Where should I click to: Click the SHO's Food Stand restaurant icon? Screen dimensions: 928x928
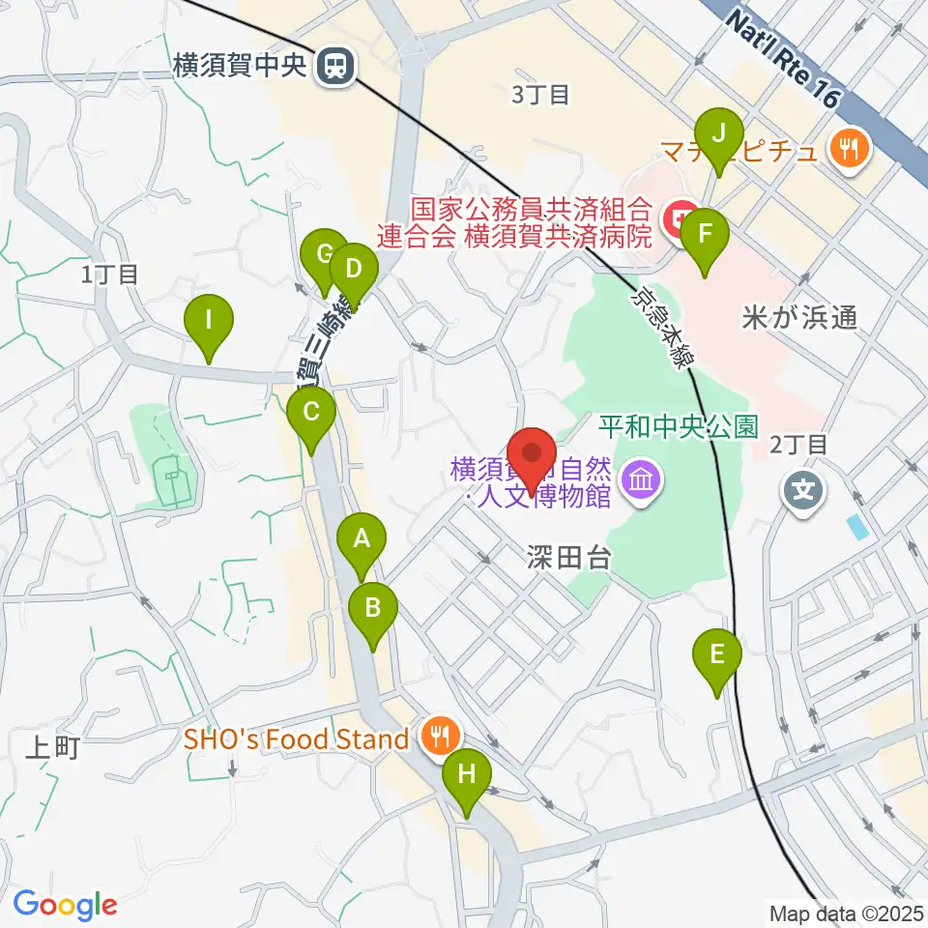point(440,739)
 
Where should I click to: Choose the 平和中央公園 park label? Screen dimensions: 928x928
point(678,426)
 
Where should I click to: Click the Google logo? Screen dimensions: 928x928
point(65,905)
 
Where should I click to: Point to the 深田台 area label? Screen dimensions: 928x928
point(568,557)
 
